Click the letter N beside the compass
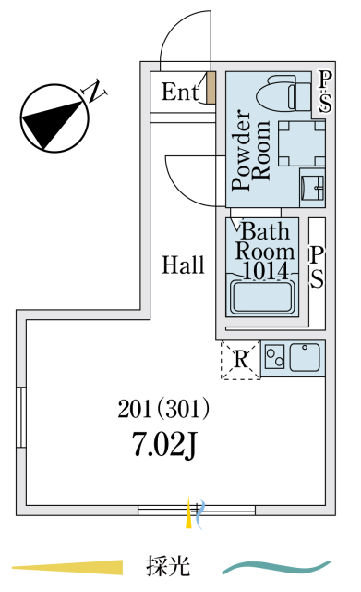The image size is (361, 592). coord(94,91)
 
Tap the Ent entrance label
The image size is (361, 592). coord(180,92)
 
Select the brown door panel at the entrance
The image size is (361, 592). coord(211,88)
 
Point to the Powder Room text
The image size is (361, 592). coord(251,150)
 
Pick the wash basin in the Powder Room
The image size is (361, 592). coord(312,188)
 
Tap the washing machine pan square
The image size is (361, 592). coord(302,143)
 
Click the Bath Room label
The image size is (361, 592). coord(265,241)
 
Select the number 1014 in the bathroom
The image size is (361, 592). coord(265,270)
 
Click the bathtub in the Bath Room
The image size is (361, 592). coord(263,297)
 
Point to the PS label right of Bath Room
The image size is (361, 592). coord(317,267)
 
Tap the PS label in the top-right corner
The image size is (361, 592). coord(325,92)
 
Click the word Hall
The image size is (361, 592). coord(183,265)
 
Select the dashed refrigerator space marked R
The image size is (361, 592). coord(240,360)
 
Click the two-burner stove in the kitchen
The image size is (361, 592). coord(274,357)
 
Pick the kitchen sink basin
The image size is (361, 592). coord(306,357)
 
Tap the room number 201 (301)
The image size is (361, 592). coord(163,409)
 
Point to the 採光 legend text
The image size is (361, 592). coord(168,566)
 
